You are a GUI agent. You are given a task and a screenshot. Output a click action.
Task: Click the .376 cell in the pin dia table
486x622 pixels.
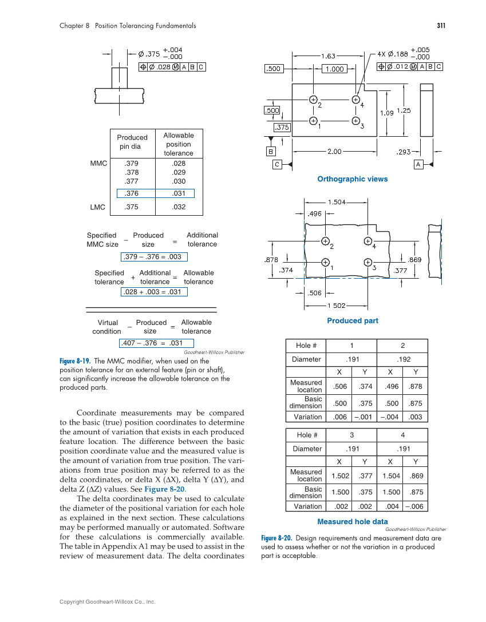[132, 194]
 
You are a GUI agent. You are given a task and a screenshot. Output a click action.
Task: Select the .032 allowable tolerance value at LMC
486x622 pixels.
[179, 207]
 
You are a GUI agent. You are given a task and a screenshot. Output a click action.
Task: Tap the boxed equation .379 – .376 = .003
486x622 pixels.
[152, 257]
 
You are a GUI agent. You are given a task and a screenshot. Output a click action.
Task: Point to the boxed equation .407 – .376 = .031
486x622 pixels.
[152, 343]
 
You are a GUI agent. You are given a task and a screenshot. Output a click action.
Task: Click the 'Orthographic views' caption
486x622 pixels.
[352, 179]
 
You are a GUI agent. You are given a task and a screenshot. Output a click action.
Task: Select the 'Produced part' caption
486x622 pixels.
[352, 320]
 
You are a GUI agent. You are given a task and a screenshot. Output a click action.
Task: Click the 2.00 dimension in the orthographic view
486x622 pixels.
[334, 152]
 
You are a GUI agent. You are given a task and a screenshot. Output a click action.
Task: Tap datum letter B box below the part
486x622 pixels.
[270, 152]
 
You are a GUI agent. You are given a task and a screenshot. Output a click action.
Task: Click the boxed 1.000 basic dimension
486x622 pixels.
[334, 69]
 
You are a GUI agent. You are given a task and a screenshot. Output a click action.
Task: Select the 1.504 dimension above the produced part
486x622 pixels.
[337, 202]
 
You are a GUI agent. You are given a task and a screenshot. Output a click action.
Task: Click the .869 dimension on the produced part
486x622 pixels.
[414, 259]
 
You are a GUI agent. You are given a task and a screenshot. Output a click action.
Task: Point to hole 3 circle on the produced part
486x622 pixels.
[368, 263]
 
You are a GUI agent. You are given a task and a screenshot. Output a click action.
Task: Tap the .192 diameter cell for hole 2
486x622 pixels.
[403, 359]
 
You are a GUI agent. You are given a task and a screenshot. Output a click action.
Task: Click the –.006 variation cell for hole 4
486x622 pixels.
[416, 506]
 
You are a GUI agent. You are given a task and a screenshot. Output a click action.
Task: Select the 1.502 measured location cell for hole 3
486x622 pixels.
[340, 476]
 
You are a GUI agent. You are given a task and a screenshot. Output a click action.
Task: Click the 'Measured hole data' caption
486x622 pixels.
[352, 521]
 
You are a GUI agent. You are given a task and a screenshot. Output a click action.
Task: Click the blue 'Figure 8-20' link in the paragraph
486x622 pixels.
[164, 489]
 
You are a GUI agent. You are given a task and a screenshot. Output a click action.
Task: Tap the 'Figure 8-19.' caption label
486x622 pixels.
[74, 361]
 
